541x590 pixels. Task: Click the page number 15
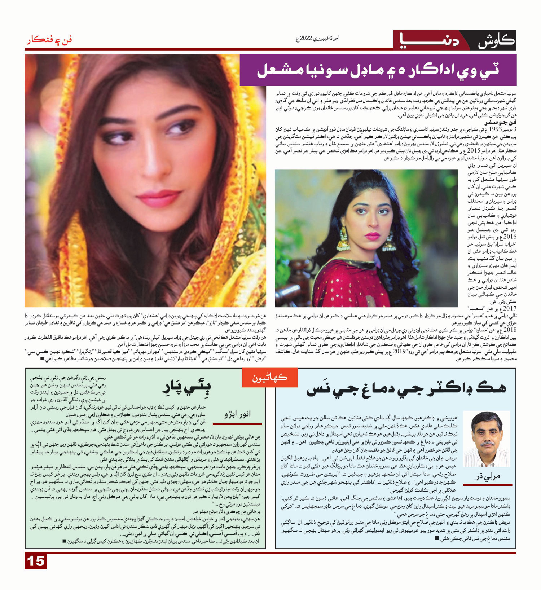[36, 561]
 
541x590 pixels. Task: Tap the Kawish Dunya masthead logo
[455, 40]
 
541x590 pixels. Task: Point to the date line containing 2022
[317, 38]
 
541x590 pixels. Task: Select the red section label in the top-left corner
[49, 39]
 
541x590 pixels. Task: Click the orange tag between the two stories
[270, 378]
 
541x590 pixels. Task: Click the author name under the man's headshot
[488, 476]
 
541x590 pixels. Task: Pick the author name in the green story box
[237, 414]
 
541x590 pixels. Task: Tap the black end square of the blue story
[437, 538]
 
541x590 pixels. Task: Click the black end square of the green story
[64, 541]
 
